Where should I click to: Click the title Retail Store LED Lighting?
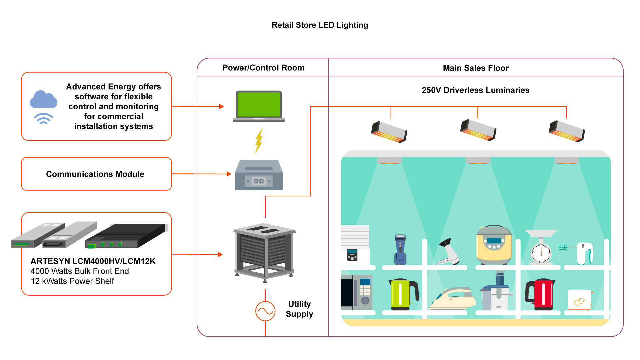320,25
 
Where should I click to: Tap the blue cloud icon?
43,100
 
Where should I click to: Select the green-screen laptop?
259,106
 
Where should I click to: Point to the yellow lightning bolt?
259,141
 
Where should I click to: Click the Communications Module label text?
95,174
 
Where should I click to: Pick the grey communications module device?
259,175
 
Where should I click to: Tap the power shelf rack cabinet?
265,252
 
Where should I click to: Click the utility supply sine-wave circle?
265,311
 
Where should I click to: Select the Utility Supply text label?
299,309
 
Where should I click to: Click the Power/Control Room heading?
263,68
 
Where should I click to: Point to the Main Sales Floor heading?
476,68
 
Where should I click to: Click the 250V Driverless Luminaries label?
476,90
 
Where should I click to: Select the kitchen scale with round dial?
541,248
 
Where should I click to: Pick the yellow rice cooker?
494,245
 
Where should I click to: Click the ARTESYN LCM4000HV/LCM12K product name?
93,261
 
